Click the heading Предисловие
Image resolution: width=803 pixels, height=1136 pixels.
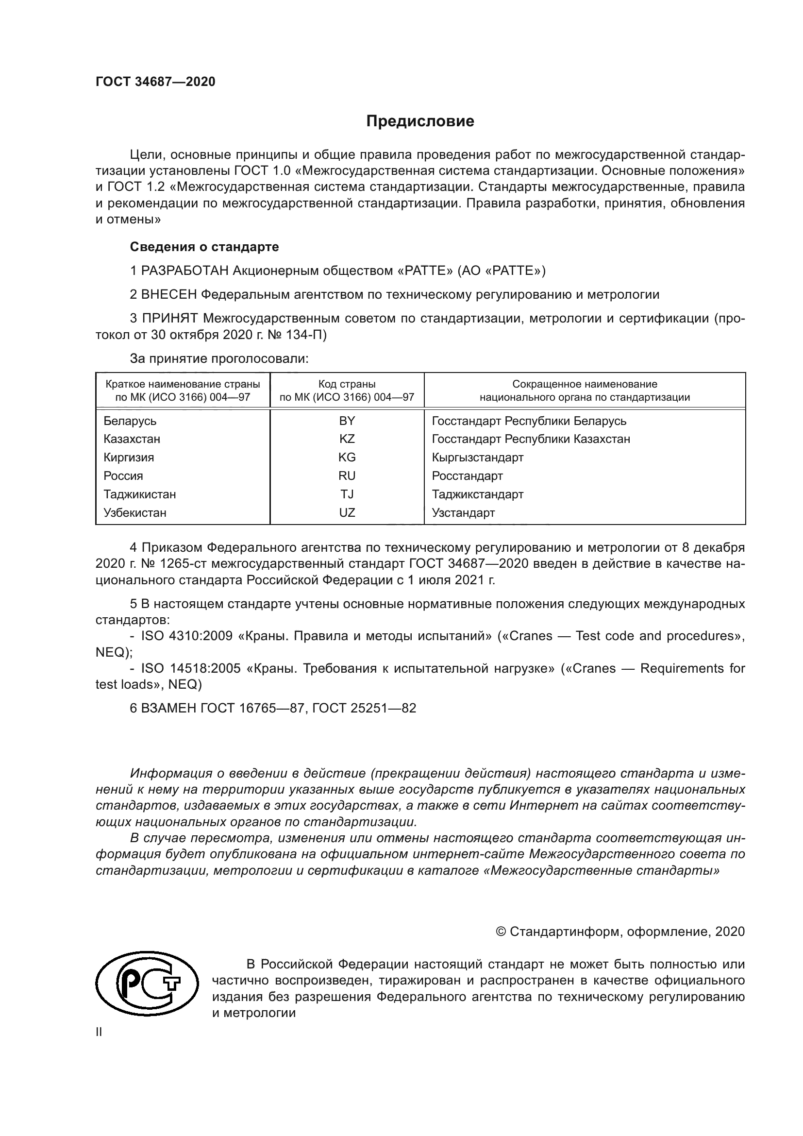point(420,121)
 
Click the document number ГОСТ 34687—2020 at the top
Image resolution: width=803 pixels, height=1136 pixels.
point(155,82)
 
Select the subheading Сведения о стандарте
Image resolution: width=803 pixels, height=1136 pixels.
point(204,246)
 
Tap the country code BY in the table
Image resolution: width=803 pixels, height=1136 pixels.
point(347,421)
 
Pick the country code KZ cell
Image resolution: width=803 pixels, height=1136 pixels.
point(347,439)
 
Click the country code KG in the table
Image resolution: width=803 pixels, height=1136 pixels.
point(347,457)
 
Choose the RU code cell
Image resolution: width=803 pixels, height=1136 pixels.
point(347,475)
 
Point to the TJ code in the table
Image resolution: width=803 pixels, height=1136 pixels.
point(347,494)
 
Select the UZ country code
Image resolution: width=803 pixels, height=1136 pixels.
point(347,512)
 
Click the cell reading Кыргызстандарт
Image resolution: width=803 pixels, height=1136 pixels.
point(477,457)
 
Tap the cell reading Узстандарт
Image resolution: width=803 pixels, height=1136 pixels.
point(463,512)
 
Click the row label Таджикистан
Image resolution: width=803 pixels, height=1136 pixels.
point(139,494)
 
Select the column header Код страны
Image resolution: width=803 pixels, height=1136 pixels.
point(347,384)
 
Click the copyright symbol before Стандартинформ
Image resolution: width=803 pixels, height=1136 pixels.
point(500,932)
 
